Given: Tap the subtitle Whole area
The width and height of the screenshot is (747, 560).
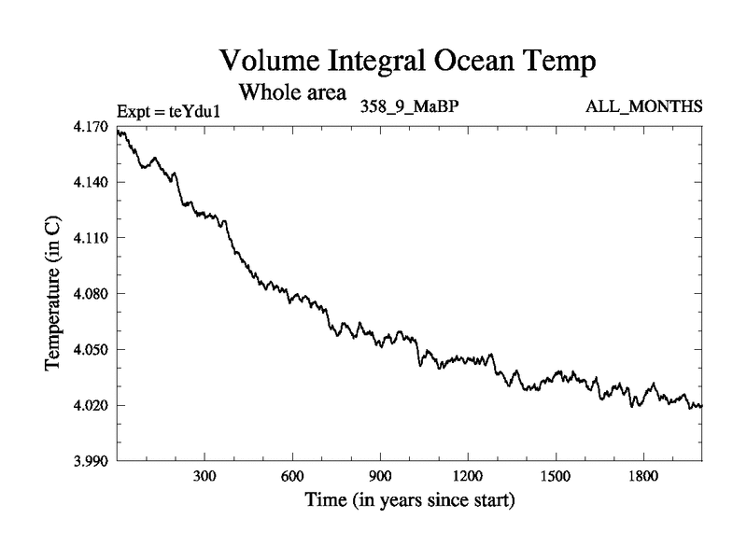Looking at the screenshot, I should pyautogui.click(x=293, y=92).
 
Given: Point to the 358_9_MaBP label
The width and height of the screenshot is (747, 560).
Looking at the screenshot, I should pyautogui.click(x=409, y=106).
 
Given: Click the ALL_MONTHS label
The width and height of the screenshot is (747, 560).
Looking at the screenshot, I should pyautogui.click(x=643, y=106).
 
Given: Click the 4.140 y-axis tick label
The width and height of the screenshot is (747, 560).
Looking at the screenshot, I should pyautogui.click(x=92, y=182).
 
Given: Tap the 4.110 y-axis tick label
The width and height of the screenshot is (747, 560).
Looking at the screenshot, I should pyautogui.click(x=92, y=238).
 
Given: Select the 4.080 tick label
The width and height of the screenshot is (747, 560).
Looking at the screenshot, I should pyautogui.click(x=92, y=294).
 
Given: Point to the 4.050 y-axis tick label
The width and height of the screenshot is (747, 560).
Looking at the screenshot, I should pyautogui.click(x=92, y=350).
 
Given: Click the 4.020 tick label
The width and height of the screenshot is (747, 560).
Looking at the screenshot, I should pyautogui.click(x=92, y=405).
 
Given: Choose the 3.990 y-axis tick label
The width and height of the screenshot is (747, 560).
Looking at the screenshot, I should pyautogui.click(x=92, y=461).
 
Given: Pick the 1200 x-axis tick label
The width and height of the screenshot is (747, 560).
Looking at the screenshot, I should pyautogui.click(x=468, y=476).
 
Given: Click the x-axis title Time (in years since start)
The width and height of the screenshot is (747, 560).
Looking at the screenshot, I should pyautogui.click(x=410, y=501).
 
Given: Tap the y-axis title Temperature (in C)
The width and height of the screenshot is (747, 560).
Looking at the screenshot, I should pyautogui.click(x=54, y=294).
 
